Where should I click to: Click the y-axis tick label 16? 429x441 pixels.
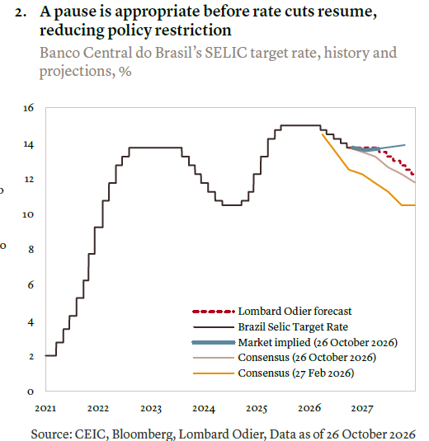point(28,108)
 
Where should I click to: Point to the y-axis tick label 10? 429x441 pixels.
point(28,214)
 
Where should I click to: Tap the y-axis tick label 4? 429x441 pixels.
point(31,322)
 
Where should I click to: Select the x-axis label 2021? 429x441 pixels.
point(45,408)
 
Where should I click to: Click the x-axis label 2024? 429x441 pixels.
point(204,408)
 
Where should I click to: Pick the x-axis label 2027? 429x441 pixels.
point(362,408)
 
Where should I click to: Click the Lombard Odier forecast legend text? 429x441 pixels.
point(295,311)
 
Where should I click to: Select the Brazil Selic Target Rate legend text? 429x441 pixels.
point(293,326)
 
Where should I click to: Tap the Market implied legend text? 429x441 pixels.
point(318,342)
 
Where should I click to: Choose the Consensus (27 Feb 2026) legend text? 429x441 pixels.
point(296,373)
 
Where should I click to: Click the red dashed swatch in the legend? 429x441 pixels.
point(214,312)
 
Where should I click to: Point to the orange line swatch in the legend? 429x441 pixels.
point(214,373)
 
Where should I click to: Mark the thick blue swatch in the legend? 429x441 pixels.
point(214,342)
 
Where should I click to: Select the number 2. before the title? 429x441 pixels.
point(21,12)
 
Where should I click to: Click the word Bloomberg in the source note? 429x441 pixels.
point(144,434)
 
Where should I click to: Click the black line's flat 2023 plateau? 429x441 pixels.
point(155,148)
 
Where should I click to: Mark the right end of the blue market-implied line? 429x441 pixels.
point(404,145)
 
